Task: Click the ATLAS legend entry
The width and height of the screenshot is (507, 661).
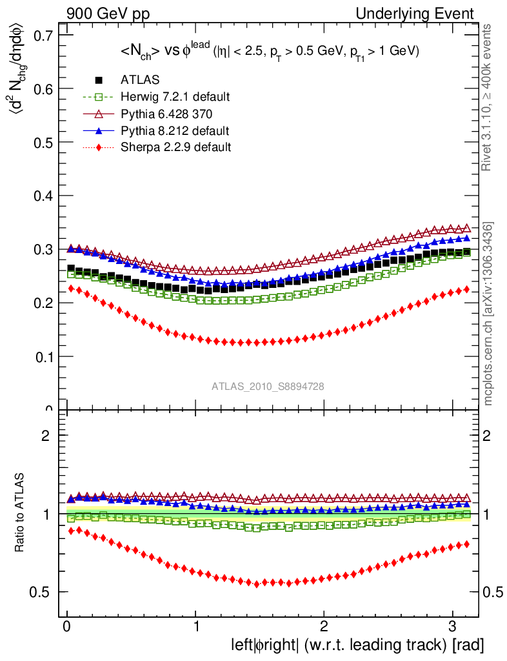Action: pos(140,80)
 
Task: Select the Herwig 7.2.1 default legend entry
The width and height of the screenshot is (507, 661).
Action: pos(175,97)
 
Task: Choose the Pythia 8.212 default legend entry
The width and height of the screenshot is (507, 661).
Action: pos(175,130)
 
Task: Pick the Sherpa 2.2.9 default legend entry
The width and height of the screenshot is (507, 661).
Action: pos(175,147)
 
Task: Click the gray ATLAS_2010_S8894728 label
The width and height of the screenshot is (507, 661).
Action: pos(268,387)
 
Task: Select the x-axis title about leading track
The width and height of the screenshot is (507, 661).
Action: pos(357,644)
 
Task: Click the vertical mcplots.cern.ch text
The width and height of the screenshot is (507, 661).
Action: pos(489,314)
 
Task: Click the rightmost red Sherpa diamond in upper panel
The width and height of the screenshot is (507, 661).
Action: pos(467,289)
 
